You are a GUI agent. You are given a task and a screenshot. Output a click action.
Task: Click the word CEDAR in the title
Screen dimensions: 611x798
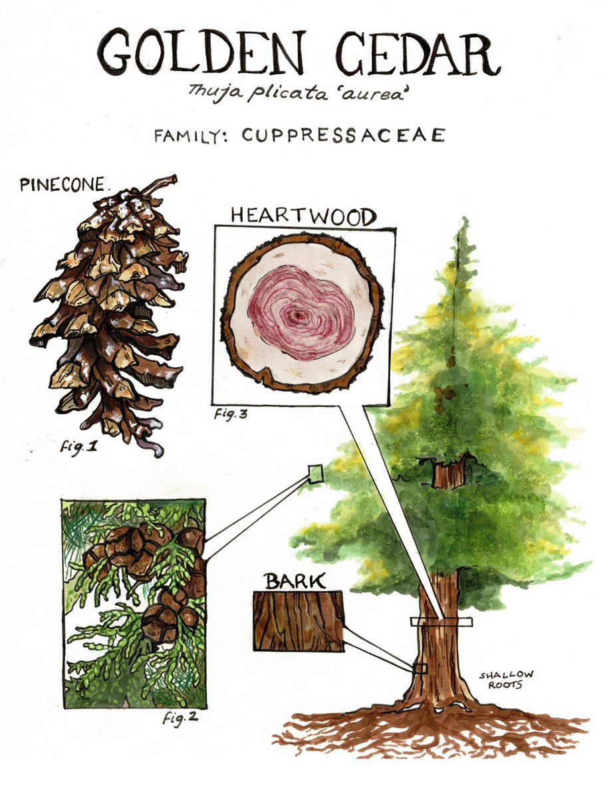click(x=418, y=55)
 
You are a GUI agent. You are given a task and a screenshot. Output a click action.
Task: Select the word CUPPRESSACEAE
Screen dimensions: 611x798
click(x=343, y=135)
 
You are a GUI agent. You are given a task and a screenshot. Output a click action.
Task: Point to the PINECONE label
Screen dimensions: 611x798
click(x=62, y=184)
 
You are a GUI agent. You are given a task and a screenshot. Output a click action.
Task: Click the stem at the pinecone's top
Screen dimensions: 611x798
click(x=161, y=184)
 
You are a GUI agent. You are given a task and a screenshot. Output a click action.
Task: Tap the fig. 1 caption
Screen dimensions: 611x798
click(x=79, y=448)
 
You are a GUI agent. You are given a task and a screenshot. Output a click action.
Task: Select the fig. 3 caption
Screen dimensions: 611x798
click(x=231, y=414)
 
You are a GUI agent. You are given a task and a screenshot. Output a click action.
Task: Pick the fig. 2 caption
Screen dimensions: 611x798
click(x=180, y=718)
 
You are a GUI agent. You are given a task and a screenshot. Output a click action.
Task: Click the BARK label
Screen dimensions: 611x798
click(x=295, y=581)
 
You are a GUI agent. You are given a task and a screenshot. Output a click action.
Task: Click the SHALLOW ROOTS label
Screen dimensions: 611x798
click(x=506, y=680)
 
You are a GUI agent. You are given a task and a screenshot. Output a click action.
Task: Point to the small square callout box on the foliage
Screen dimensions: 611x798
click(x=316, y=473)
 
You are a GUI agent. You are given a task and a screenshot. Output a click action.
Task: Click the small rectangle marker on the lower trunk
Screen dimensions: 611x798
click(x=420, y=668)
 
